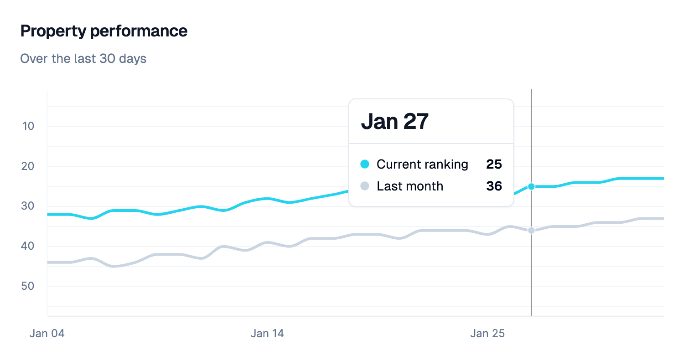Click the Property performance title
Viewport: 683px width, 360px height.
coord(104,31)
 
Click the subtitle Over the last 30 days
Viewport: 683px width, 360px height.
coord(83,59)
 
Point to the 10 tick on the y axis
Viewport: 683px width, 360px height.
coord(28,126)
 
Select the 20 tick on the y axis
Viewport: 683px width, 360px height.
coord(28,166)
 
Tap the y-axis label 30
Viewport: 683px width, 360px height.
coord(28,206)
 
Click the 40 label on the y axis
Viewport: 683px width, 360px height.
coord(28,246)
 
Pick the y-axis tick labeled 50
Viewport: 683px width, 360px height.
coord(28,286)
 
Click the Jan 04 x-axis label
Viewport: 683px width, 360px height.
coord(47,334)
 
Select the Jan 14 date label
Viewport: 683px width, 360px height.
coord(267,334)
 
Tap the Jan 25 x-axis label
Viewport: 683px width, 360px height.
coord(487,334)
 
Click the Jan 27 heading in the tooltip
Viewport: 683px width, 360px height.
coord(395,122)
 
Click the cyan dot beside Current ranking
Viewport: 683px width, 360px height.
coord(365,164)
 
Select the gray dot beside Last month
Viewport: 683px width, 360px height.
coord(365,186)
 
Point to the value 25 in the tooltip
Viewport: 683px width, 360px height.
coord(494,164)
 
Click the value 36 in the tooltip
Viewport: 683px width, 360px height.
coord(494,186)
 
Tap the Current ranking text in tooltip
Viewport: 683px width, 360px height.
coord(422,164)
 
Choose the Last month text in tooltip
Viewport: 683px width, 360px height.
coord(410,186)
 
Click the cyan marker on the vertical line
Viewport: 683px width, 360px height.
coord(531,186)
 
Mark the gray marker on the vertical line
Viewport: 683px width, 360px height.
coord(531,231)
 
